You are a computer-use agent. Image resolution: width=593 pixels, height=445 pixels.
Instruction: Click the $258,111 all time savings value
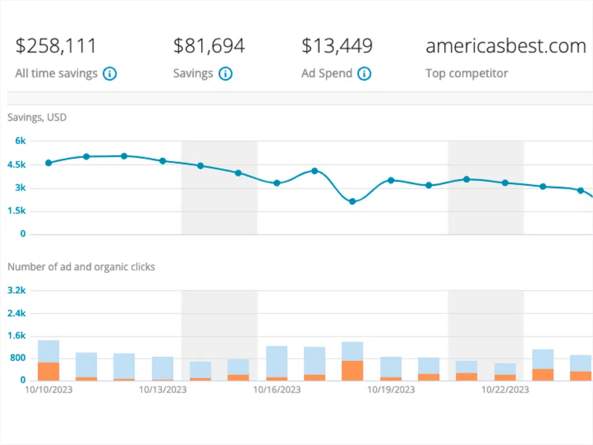coord(56,46)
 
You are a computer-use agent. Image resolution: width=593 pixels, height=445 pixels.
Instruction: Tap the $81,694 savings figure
coord(209,46)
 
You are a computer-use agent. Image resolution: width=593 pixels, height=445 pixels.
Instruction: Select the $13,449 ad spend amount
coord(336,46)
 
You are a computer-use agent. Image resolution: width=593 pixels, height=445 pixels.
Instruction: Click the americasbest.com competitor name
coord(506,46)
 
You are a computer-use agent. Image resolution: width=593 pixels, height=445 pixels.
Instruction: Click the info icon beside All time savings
coord(110,74)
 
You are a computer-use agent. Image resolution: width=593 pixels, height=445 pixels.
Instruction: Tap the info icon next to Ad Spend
coord(364,74)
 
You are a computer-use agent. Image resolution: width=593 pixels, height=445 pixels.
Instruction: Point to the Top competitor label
coord(466,74)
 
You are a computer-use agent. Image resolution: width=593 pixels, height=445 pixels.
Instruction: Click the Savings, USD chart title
coord(36,118)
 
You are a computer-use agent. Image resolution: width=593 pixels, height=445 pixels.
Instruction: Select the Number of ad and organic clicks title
coord(80,267)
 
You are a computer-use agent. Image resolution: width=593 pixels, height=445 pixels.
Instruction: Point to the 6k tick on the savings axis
coord(21,141)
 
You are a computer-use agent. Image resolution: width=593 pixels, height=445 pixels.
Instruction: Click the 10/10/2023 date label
coord(48,390)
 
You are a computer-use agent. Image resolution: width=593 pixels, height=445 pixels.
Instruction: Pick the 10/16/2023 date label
coord(277,390)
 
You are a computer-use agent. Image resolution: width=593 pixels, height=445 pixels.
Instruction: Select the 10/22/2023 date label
coord(505,390)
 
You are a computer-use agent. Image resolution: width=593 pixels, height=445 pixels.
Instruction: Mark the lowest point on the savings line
coord(352,202)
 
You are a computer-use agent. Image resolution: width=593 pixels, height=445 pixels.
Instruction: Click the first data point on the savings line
coord(49,163)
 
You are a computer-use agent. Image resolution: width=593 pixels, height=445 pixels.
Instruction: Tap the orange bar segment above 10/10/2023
coord(49,371)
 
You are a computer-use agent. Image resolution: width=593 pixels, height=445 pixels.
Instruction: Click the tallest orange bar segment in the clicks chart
coord(352,371)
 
